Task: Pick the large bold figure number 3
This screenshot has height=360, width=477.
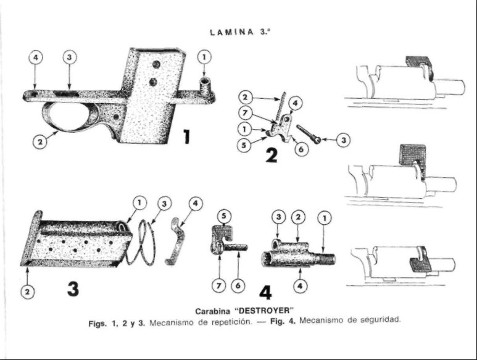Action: tap(73, 287)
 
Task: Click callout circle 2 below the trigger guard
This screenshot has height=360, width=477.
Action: tap(39, 142)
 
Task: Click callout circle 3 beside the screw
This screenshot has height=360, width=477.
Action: tap(343, 140)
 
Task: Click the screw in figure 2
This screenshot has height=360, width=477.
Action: tap(308, 135)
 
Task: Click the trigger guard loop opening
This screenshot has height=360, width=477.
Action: tap(70, 116)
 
